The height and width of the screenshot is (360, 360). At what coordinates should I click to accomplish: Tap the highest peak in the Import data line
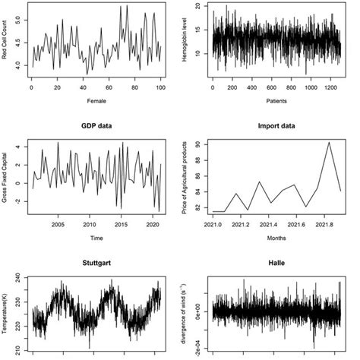328,143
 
